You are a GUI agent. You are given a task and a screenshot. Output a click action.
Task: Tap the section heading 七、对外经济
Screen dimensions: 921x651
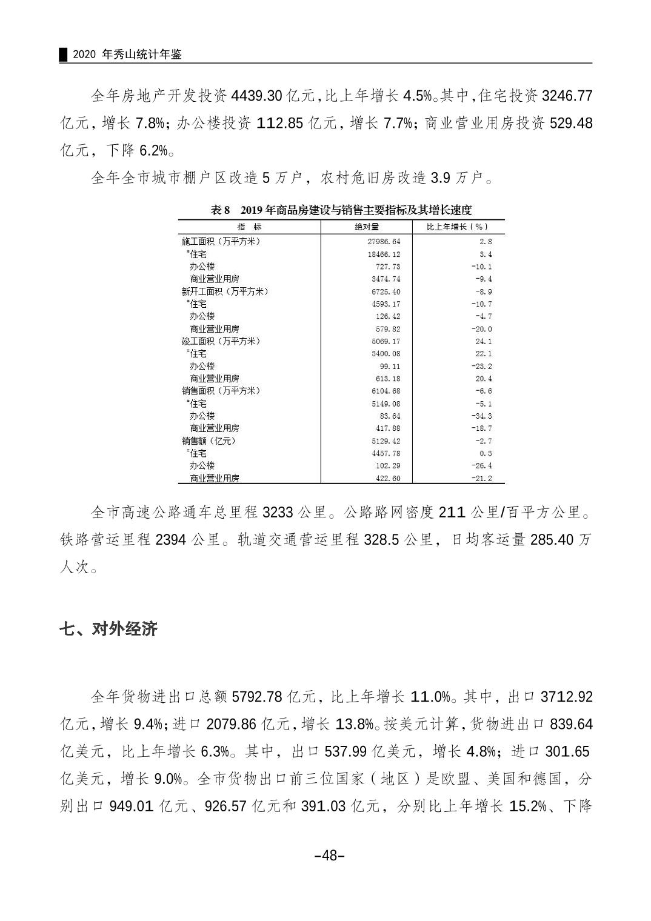[109, 629]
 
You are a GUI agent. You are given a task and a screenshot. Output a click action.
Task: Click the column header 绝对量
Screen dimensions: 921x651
[366, 227]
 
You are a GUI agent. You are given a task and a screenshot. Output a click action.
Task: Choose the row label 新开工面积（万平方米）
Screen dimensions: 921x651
[224, 291]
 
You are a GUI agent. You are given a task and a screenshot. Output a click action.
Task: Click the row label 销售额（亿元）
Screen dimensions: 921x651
[209, 441]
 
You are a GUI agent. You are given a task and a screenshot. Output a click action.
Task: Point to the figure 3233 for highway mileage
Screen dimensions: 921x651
[278, 513]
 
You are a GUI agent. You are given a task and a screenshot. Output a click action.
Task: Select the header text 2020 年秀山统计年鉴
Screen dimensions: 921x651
[127, 55]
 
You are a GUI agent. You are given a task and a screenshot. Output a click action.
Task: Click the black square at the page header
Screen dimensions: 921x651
[62, 55]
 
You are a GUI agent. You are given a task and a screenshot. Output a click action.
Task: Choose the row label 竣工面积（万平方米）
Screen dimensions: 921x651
[221, 341]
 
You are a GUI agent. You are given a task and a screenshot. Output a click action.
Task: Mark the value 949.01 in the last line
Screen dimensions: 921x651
[132, 806]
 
